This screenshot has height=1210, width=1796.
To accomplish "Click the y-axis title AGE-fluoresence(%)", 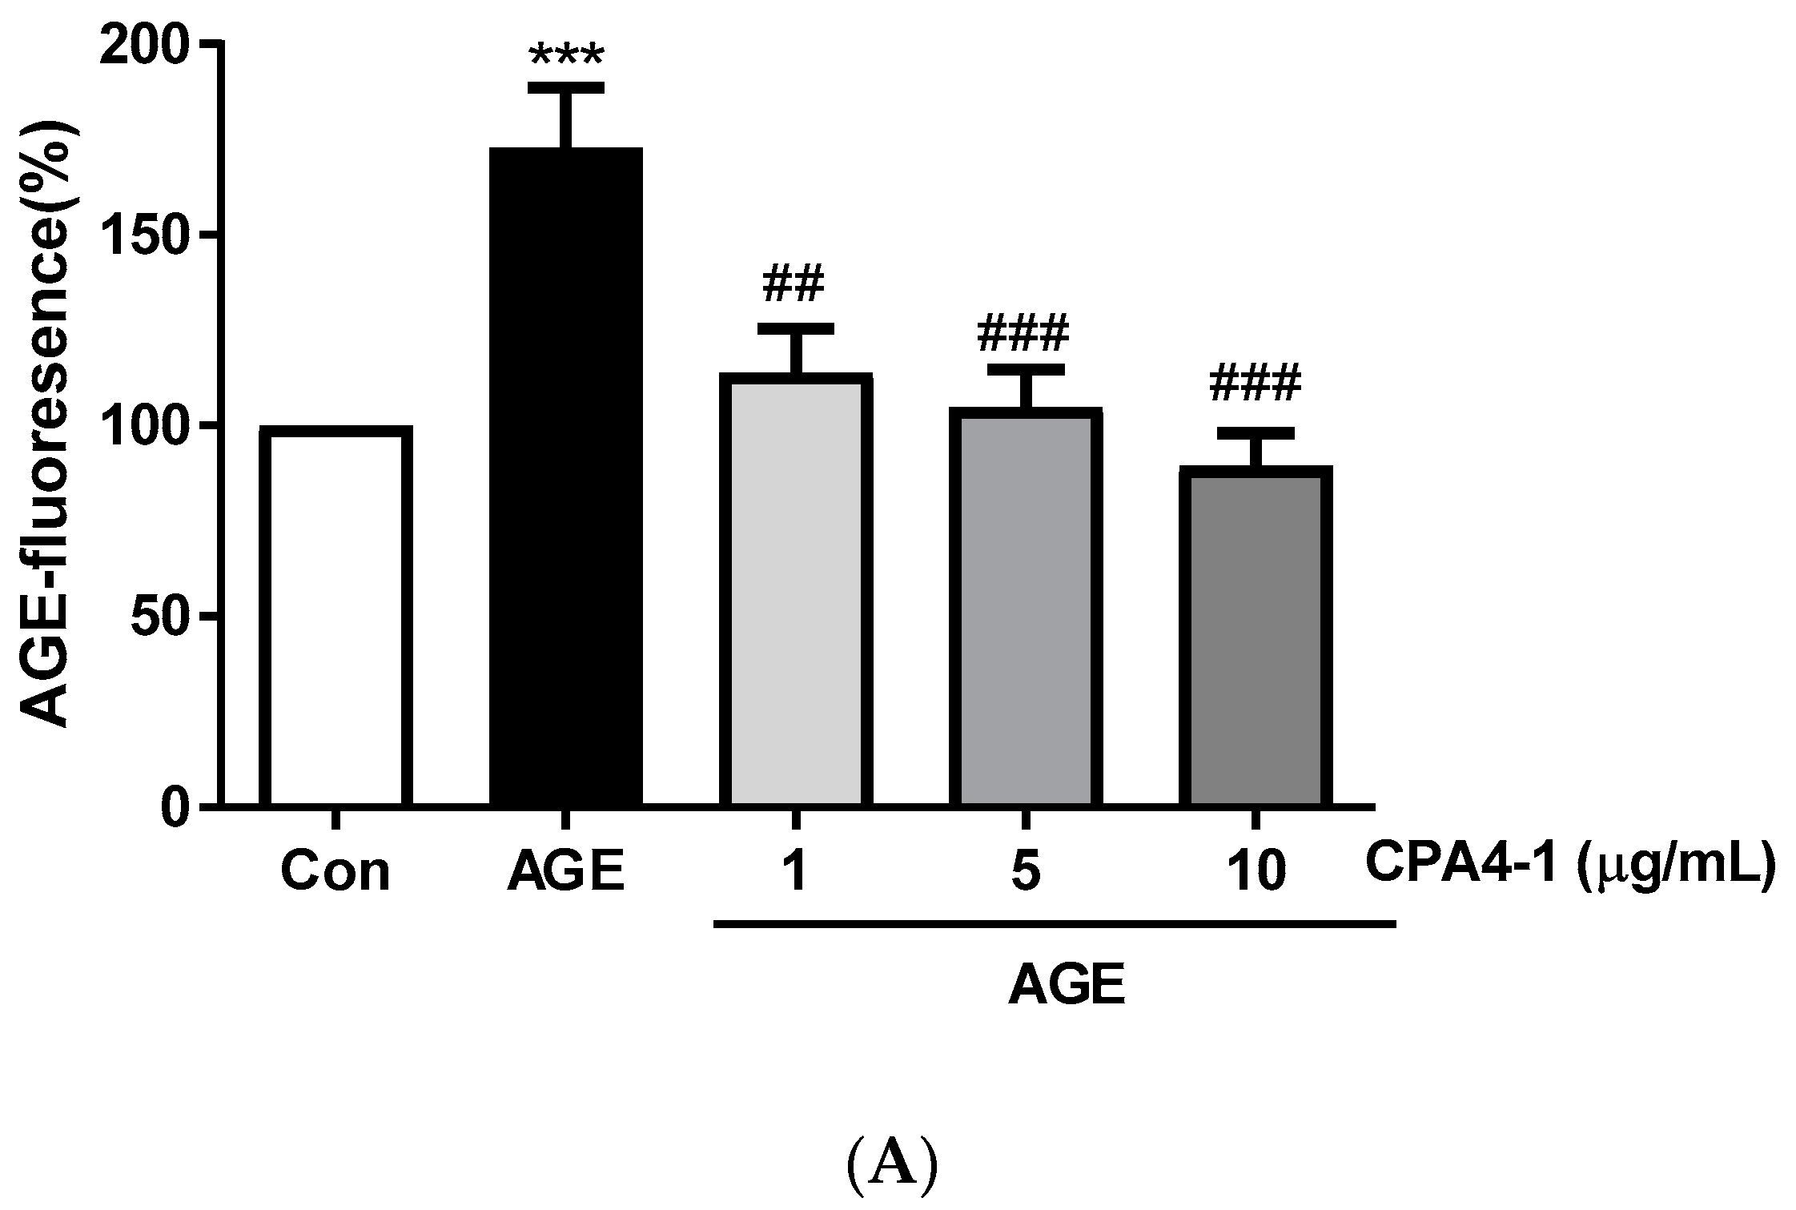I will (x=46, y=424).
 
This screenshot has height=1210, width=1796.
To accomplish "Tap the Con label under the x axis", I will (x=335, y=872).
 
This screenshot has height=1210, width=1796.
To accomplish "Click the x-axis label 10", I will (x=1256, y=872).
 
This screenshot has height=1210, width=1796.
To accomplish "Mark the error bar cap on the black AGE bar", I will (x=566, y=87).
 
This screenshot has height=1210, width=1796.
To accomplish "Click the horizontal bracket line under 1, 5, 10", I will (x=1055, y=924).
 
